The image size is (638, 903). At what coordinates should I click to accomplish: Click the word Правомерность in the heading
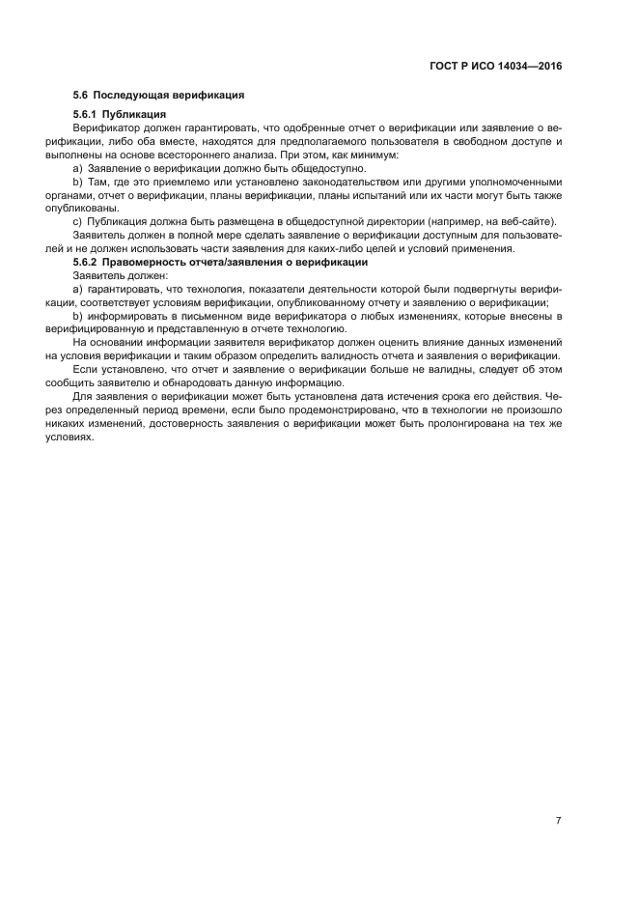coord(148,263)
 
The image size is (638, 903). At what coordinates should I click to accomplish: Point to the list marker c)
coord(78,222)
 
